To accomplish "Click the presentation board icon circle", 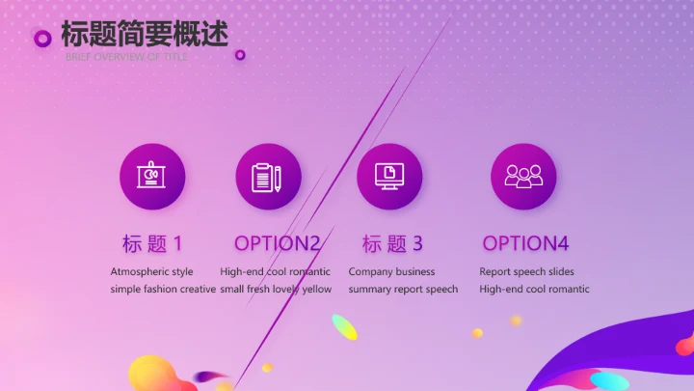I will click(152, 177).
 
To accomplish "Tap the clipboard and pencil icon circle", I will click(268, 177).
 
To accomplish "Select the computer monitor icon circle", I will click(389, 177).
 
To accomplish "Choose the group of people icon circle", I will click(523, 177).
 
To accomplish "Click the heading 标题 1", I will click(152, 243).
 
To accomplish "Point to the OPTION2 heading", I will click(277, 243).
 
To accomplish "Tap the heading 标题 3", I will click(392, 243).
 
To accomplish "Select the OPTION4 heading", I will click(526, 243).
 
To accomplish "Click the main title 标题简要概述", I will click(145, 35).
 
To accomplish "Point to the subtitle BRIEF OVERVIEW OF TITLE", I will click(126, 57).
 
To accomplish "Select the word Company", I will click(370, 272).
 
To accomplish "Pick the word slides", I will click(554, 272).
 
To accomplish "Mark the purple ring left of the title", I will click(42, 38).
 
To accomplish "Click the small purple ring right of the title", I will click(240, 55).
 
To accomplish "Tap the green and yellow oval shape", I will click(344, 327).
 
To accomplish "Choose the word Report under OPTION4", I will click(495, 272).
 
